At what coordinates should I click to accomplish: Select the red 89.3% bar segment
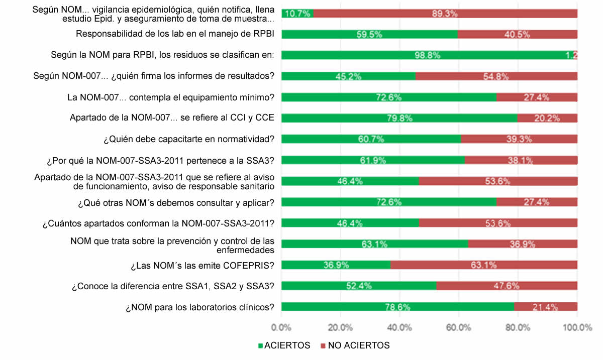click(445, 14)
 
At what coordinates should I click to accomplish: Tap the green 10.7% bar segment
click(297, 14)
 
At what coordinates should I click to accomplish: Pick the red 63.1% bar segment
click(483, 265)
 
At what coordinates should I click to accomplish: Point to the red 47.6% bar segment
click(507, 286)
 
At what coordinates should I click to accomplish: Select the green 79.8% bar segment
click(399, 118)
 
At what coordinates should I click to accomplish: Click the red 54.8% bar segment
click(496, 76)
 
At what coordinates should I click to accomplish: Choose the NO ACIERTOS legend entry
click(355, 345)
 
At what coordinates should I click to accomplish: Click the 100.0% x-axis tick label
click(577, 328)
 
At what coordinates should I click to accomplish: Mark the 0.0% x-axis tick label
click(281, 328)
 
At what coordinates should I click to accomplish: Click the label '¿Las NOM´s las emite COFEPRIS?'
click(202, 265)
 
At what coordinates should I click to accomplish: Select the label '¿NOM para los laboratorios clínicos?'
click(199, 307)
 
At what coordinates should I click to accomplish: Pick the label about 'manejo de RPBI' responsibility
click(175, 34)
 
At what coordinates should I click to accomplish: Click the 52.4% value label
click(359, 286)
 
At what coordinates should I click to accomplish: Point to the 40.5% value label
click(518, 35)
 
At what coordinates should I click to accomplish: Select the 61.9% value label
click(373, 160)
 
